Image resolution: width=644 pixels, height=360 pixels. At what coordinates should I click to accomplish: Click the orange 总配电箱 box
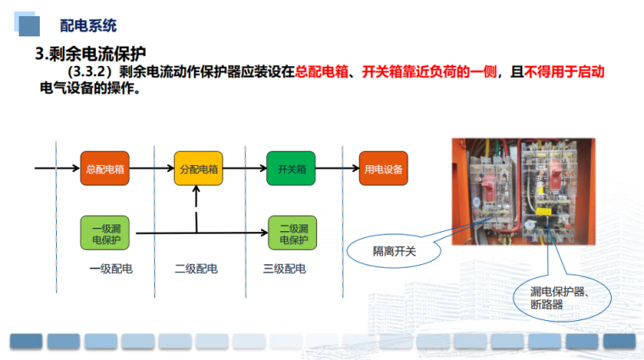[x=104, y=169]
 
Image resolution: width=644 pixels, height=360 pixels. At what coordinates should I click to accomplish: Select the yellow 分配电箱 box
[x=198, y=169]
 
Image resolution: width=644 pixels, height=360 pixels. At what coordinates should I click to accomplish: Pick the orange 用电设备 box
[x=383, y=169]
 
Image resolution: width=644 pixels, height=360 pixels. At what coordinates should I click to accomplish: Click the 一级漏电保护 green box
[x=104, y=233]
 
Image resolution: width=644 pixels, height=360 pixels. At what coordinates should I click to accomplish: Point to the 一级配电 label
[x=111, y=269]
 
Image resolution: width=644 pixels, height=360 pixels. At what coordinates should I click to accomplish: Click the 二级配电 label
[x=197, y=269]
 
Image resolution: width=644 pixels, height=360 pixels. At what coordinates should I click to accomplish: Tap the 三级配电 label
[x=285, y=269]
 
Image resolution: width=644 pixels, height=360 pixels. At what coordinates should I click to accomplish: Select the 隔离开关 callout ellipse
[x=389, y=252]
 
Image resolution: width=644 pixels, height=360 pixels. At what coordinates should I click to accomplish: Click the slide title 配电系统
[x=88, y=26]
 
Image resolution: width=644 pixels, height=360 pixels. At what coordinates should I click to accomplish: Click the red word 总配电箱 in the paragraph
[x=323, y=74]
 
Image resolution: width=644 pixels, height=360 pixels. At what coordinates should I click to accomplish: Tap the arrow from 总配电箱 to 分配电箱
[x=151, y=169]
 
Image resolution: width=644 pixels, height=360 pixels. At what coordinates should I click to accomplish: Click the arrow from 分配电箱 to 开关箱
[x=244, y=169]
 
